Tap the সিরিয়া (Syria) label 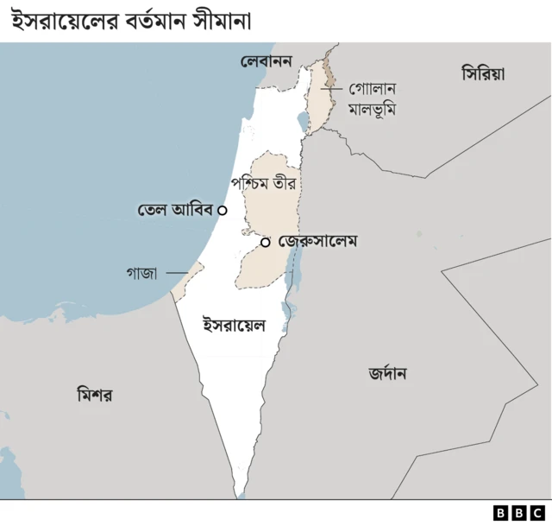tap(483, 74)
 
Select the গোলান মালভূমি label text tap(372, 99)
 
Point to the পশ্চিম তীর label tap(268, 184)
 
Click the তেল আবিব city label tap(175, 210)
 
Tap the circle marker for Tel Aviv tap(223, 210)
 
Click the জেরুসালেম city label tap(318, 242)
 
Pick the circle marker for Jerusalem tap(266, 243)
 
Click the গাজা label tap(141, 273)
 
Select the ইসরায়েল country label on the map tap(233, 326)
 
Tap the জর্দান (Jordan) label tap(387, 374)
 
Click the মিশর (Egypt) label tap(95, 395)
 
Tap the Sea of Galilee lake tap(301, 121)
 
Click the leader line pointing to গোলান tap(333, 88)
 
